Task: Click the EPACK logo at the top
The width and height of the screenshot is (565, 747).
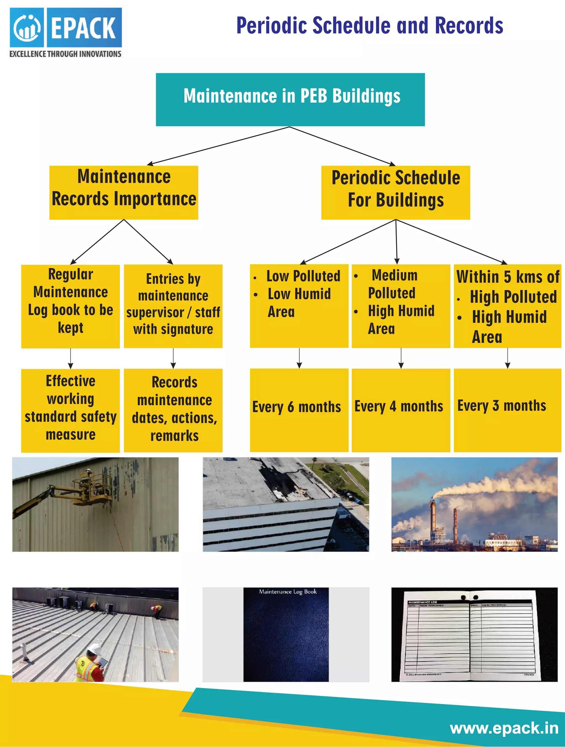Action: pos(66,27)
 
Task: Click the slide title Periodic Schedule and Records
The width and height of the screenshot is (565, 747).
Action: pos(369,26)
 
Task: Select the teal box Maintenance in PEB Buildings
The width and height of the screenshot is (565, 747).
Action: pos(290,99)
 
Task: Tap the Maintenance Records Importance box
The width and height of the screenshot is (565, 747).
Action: pos(124,192)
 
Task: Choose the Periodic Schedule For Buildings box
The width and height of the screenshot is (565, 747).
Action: pos(395,192)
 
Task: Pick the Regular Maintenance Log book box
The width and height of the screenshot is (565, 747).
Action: pos(70,306)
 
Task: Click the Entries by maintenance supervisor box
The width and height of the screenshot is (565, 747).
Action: pos(173,306)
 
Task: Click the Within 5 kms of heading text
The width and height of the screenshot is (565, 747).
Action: pos(508,277)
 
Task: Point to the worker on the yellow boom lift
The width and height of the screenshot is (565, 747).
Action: pos(89,473)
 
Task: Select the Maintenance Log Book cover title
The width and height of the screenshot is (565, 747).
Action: pos(287,591)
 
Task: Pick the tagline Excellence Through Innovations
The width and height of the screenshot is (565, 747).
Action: pos(65,54)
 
